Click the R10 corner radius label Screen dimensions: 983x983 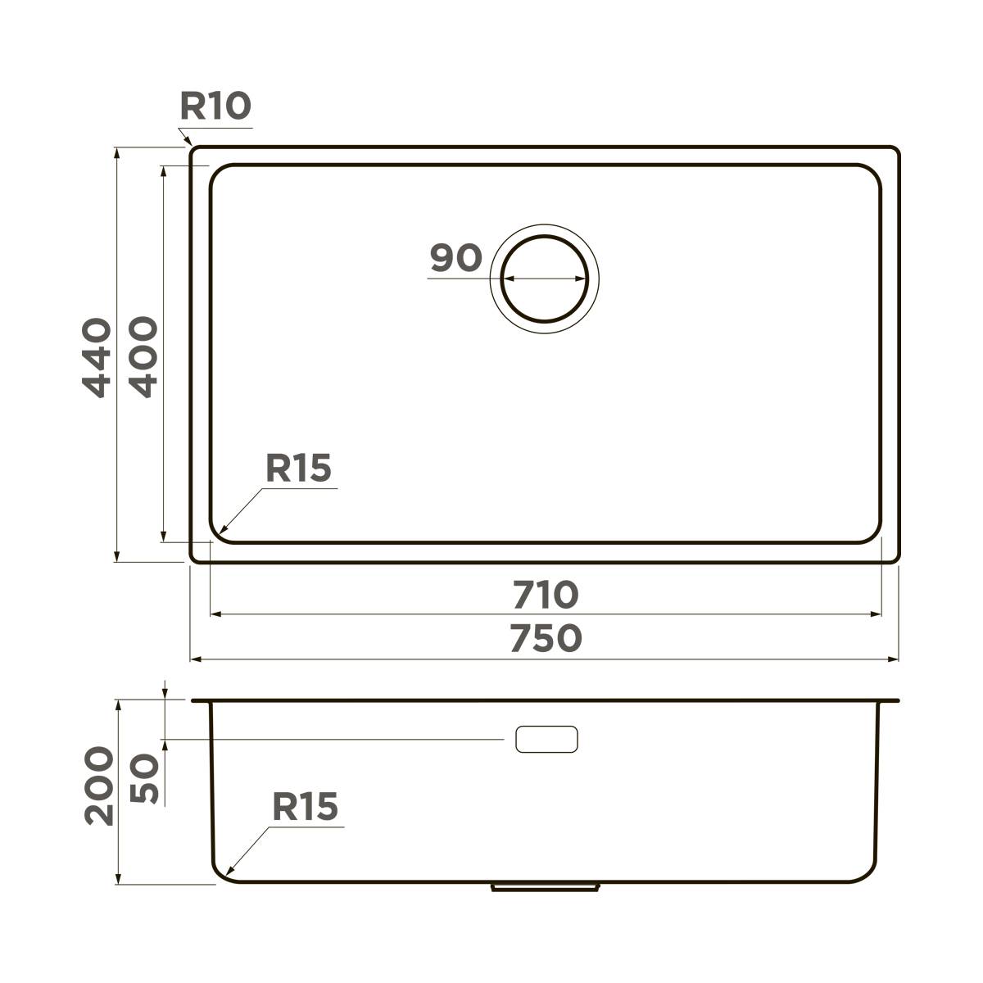(x=215, y=106)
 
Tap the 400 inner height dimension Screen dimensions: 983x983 (x=144, y=358)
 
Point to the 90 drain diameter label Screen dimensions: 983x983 (x=455, y=258)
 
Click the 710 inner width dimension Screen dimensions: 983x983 (x=546, y=595)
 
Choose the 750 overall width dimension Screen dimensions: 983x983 (x=546, y=639)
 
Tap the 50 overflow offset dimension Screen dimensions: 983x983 (x=144, y=779)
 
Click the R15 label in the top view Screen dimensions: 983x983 (x=298, y=469)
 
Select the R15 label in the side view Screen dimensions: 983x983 (x=305, y=807)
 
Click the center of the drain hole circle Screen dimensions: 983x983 (x=545, y=279)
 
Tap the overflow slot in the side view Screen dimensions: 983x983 (x=546, y=739)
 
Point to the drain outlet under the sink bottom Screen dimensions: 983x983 (x=545, y=886)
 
